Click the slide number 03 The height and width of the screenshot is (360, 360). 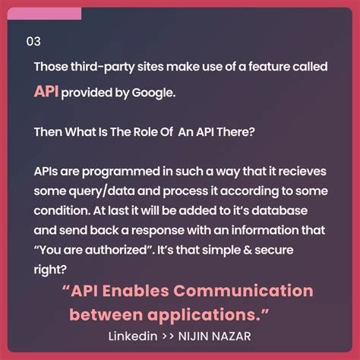tap(33, 42)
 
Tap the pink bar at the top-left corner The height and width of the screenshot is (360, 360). tap(45, 13)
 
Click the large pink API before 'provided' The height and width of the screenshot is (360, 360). tap(46, 91)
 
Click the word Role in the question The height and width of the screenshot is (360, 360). tap(122, 131)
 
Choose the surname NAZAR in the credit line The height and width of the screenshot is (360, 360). tap(234, 336)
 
